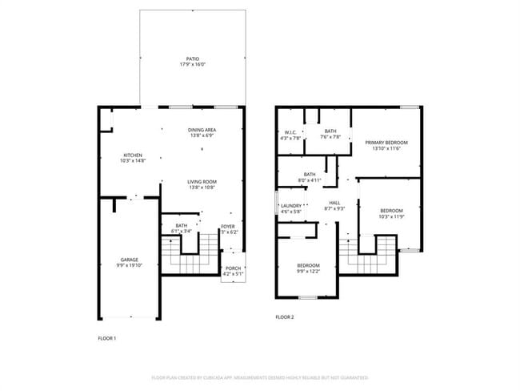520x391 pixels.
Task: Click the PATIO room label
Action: (x=192, y=58)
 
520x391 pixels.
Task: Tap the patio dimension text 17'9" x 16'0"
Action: (x=192, y=65)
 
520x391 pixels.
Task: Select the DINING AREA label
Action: (x=202, y=130)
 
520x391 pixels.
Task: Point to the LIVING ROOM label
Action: (x=202, y=182)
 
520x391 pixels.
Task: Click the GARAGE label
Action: (x=129, y=260)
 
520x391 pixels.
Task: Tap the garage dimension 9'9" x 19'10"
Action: (x=129, y=266)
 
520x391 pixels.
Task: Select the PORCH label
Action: (x=233, y=268)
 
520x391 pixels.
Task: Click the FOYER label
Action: (x=229, y=227)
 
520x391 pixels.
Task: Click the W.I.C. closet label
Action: (x=290, y=131)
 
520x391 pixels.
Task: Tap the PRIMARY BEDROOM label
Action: (x=386, y=143)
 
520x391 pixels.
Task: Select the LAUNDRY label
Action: (x=290, y=206)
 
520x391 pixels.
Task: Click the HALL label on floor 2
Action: (x=334, y=203)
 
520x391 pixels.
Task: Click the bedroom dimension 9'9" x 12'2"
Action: (x=308, y=272)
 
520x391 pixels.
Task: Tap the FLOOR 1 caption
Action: (x=106, y=339)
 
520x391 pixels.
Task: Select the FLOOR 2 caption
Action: (x=285, y=317)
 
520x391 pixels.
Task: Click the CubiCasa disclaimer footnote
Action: (x=260, y=377)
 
